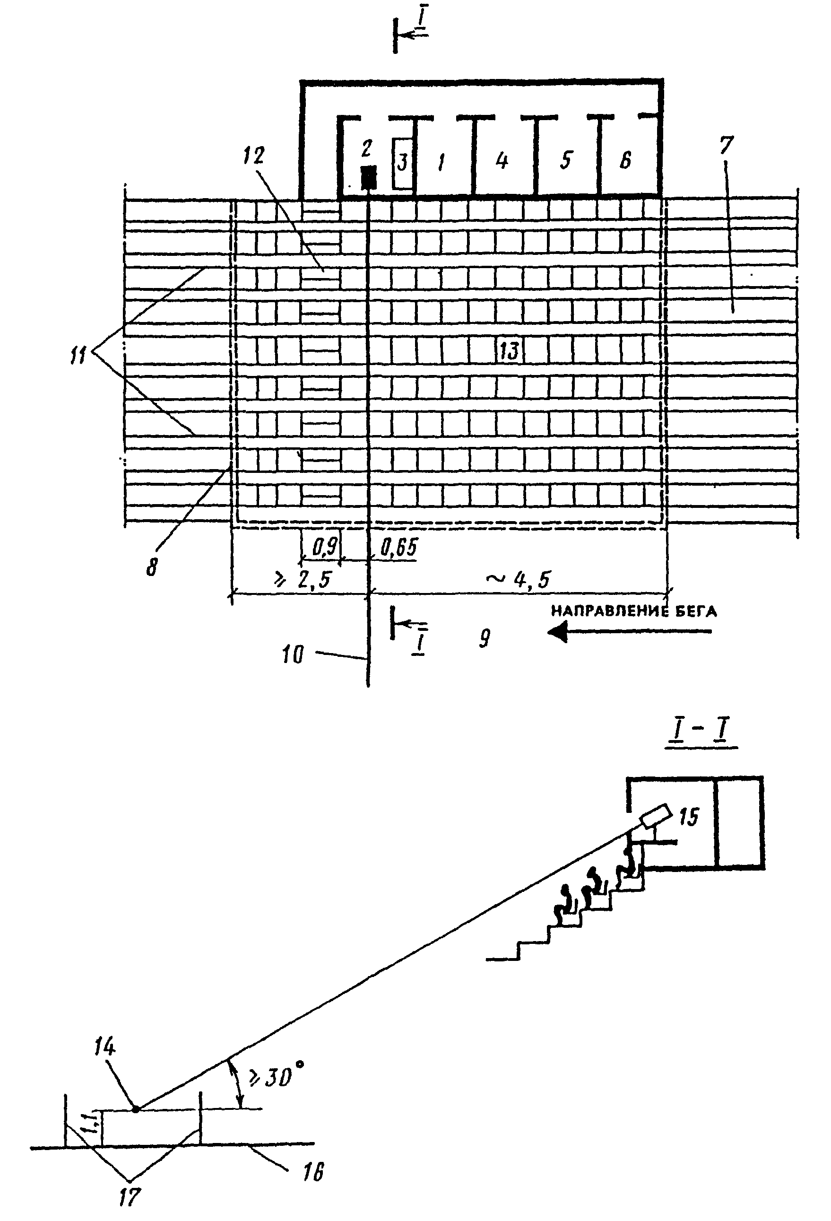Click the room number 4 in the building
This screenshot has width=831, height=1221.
point(502,160)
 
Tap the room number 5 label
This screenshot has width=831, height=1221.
point(565,160)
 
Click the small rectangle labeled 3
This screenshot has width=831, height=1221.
point(402,164)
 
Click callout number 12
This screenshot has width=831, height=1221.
point(254,156)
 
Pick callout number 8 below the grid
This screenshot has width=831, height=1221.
point(152,567)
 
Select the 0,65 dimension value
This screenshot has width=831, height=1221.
point(398,548)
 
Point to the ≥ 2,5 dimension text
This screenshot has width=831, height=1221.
point(301,579)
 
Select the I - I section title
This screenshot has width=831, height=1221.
point(701,732)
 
